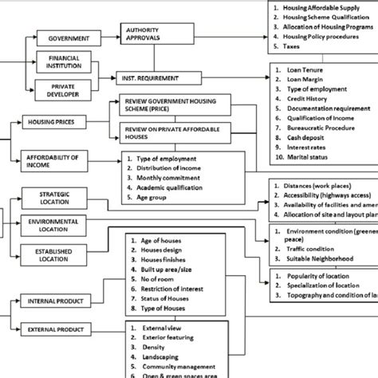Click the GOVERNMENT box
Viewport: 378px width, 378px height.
tap(69, 38)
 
